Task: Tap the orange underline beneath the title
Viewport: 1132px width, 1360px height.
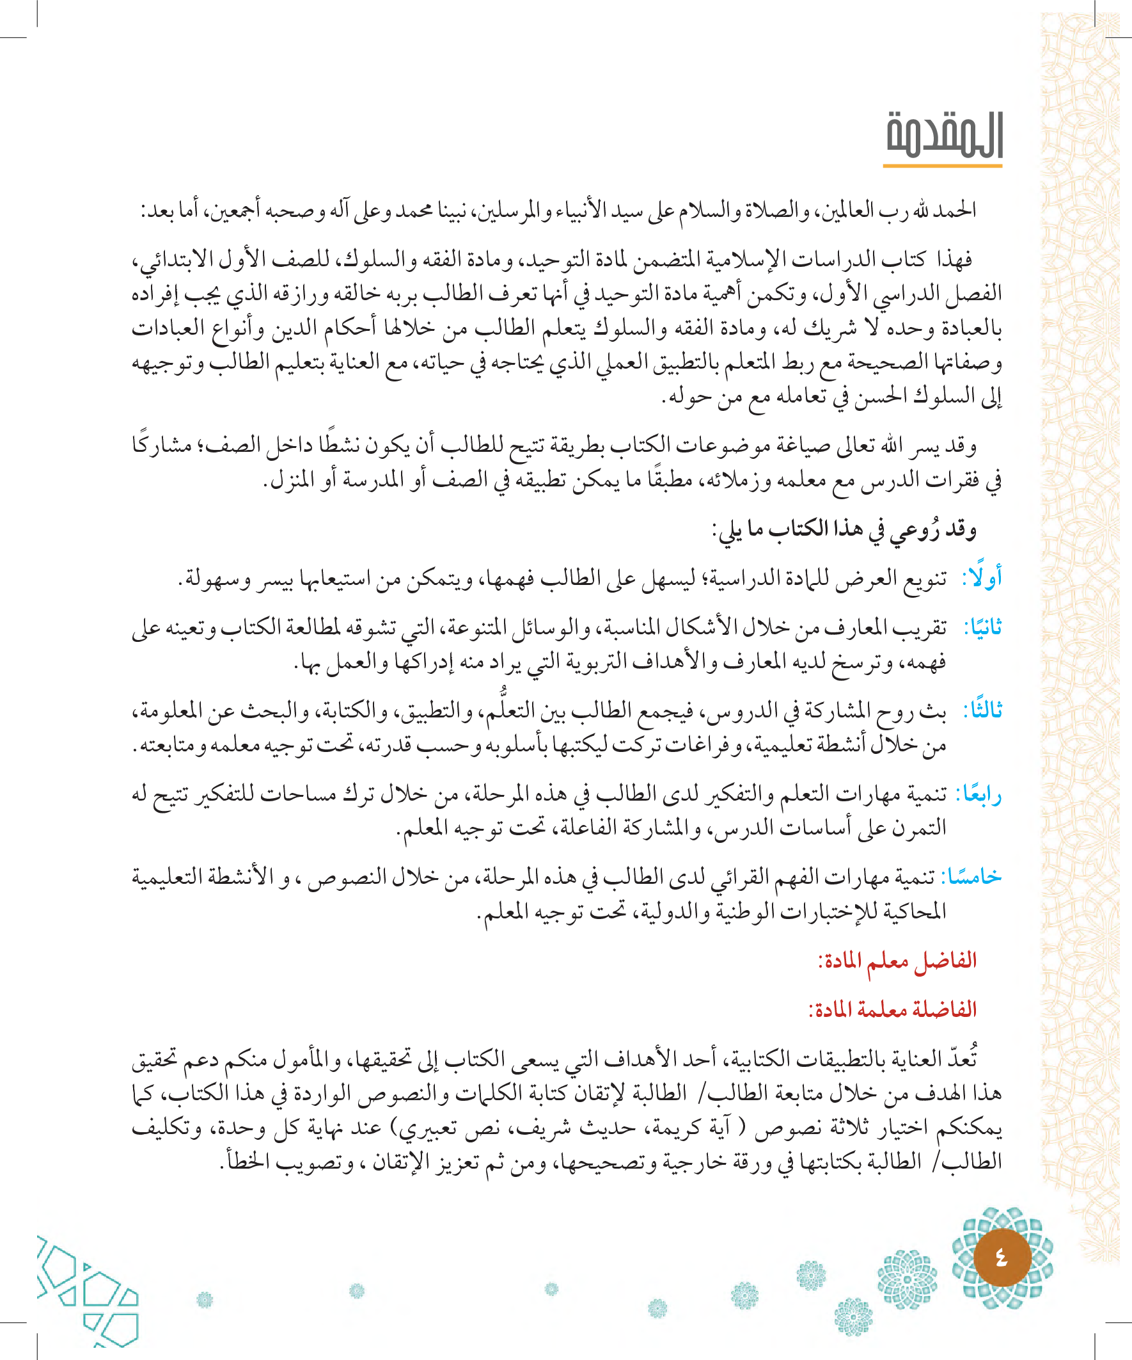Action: pos(942,166)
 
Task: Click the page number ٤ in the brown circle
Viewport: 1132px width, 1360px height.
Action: pos(1002,1258)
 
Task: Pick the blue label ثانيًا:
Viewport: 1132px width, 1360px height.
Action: pos(982,628)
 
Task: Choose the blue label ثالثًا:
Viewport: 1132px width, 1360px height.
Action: pos(982,710)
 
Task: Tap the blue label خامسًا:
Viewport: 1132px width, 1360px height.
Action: pos(970,877)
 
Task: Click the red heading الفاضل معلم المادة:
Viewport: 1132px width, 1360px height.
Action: pos(897,961)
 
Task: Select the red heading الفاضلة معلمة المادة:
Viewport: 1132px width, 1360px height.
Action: pos(893,1010)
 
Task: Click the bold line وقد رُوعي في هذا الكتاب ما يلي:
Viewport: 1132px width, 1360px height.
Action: pos(844,530)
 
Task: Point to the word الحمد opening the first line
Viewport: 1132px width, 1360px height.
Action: pos(955,211)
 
